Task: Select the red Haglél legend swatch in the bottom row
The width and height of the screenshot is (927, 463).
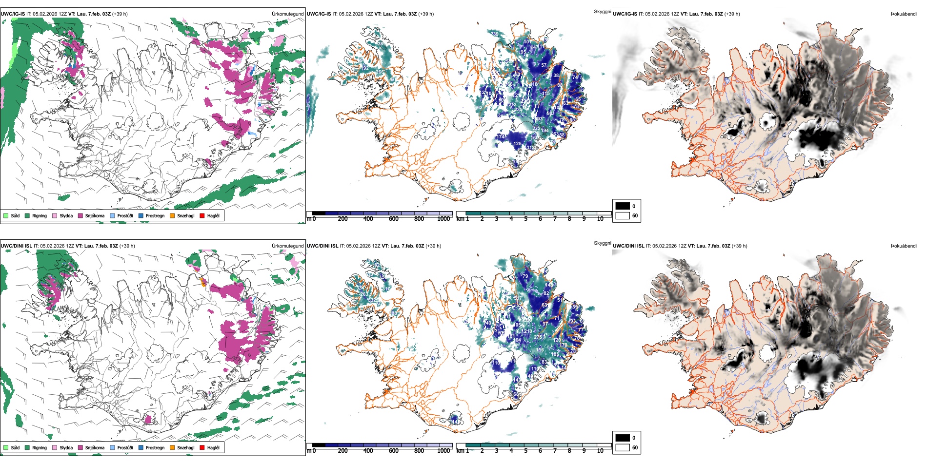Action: coord(202,447)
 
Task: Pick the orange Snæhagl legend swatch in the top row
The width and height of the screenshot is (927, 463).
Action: coord(172,215)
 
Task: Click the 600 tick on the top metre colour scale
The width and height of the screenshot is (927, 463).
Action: coord(393,219)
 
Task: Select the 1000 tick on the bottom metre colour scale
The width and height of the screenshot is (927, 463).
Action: coord(443,451)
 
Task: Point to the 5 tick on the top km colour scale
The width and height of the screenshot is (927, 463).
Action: coord(525,219)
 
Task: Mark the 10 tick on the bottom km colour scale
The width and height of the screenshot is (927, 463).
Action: coord(600,451)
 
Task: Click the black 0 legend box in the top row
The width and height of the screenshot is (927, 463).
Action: coord(623,206)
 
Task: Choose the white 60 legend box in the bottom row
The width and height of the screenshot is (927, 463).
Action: coord(623,447)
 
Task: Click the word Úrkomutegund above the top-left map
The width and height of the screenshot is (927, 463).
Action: coord(287,14)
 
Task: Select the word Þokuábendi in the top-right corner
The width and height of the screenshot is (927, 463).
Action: coord(904,14)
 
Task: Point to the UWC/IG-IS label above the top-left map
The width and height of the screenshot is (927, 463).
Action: coord(13,14)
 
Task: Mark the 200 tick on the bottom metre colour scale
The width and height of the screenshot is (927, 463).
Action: coord(343,451)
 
